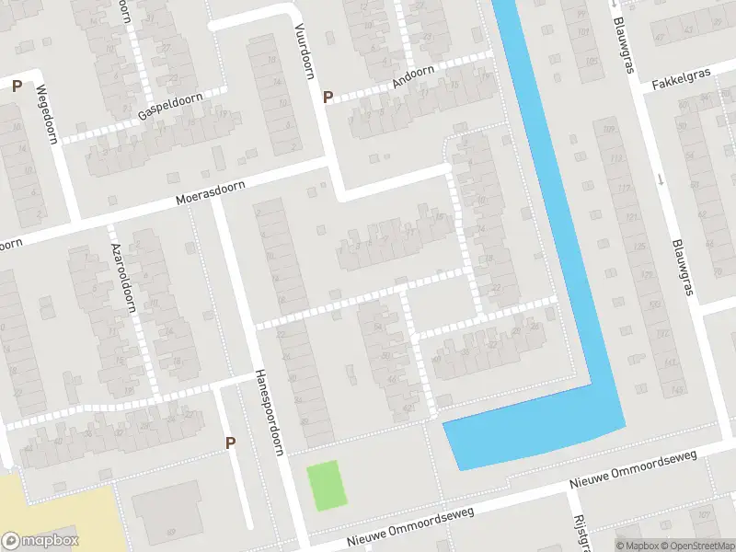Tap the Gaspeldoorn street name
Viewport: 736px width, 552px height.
pos(171,106)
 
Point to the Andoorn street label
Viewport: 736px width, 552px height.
pos(413,75)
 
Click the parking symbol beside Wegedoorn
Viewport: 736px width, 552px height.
pos(17,86)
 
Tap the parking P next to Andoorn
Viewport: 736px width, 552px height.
pos(328,97)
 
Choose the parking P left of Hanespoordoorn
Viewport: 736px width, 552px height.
pos(231,443)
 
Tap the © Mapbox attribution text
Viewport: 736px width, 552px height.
pos(634,546)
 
